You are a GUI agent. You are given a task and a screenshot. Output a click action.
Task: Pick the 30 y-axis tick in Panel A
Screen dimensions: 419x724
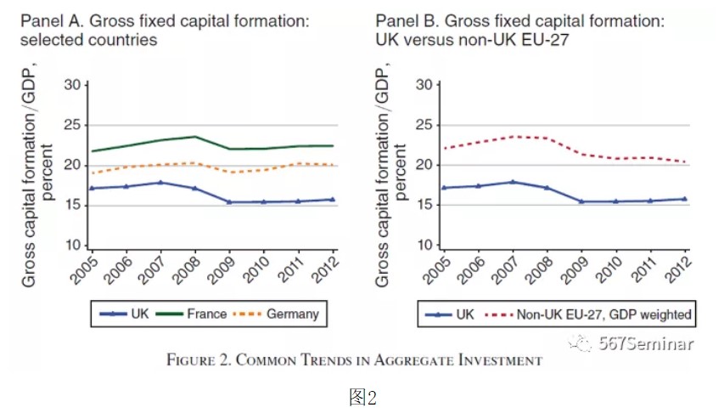(76, 85)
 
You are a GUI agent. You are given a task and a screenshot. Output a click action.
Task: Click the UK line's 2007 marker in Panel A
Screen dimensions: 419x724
(161, 182)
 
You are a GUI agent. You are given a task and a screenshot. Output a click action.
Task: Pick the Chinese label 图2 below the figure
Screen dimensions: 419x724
(362, 397)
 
